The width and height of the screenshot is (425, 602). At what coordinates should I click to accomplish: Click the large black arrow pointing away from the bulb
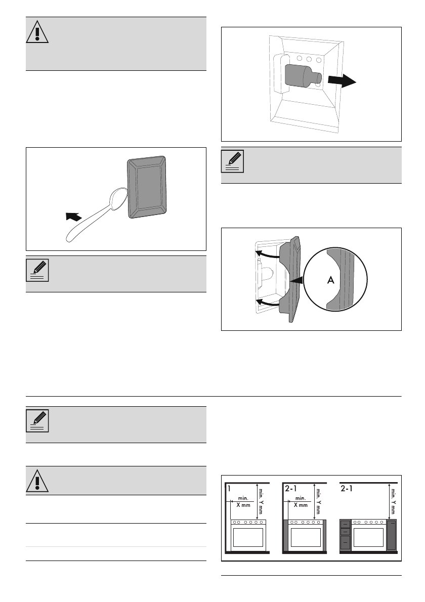[342, 79]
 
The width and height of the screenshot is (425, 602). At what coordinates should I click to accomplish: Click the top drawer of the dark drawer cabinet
[346, 525]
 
